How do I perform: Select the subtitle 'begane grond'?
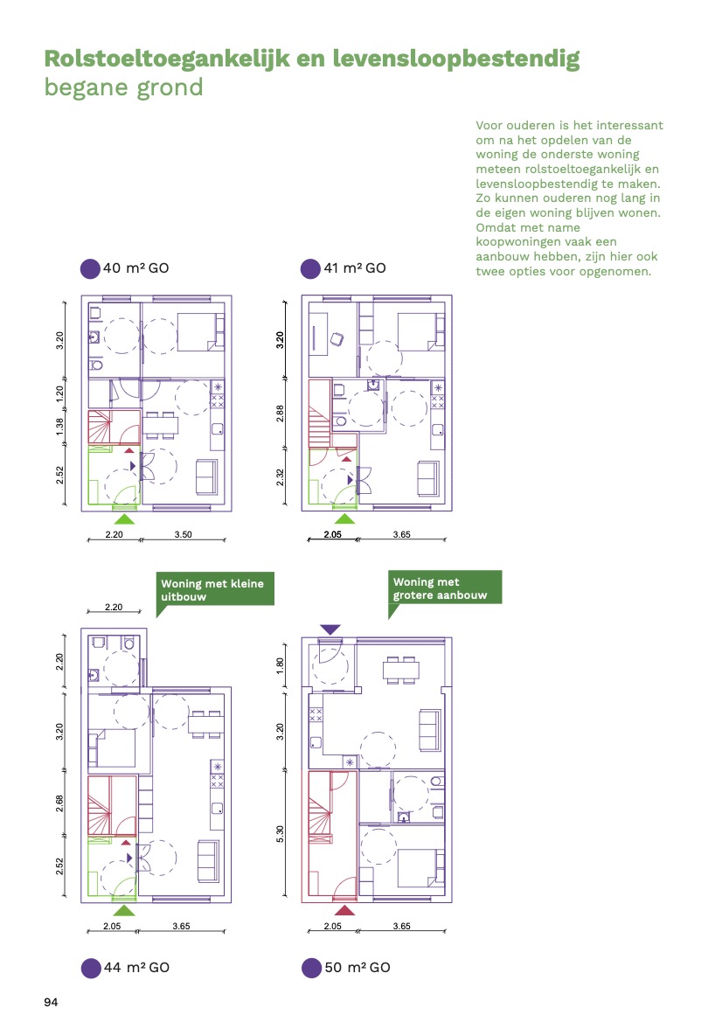[x=124, y=87]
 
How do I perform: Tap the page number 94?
[x=51, y=1002]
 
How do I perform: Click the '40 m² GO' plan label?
[x=135, y=268]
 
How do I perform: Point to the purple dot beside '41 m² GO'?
[x=310, y=268]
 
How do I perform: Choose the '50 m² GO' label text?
[x=358, y=967]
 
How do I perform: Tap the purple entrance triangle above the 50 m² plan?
[x=330, y=629]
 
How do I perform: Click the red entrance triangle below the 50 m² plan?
[x=344, y=910]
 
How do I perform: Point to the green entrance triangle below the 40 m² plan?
[x=124, y=518]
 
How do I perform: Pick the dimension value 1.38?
[x=60, y=427]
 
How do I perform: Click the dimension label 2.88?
[x=281, y=414]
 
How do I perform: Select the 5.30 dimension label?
[x=281, y=834]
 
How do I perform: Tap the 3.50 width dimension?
[x=183, y=534]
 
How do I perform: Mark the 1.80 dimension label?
[x=281, y=665]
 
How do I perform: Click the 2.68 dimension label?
[x=60, y=803]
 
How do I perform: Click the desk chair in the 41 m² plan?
[x=337, y=339]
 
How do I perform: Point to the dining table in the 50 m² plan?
[x=400, y=670]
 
